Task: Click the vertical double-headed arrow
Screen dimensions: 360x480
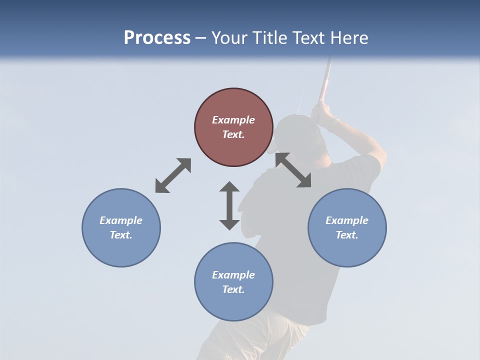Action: [x=229, y=205]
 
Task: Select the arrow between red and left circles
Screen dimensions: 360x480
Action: [x=173, y=175]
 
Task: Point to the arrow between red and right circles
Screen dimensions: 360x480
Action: [x=293, y=170]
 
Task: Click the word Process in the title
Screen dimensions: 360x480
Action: [x=157, y=38]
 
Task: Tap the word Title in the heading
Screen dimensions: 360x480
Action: [x=272, y=38]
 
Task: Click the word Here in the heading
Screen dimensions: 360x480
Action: [x=349, y=38]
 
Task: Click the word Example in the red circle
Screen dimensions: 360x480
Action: [x=233, y=120]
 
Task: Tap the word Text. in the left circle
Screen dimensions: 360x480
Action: [x=121, y=235]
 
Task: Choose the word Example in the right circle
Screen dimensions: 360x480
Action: [x=347, y=220]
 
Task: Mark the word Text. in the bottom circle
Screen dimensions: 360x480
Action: [x=233, y=289]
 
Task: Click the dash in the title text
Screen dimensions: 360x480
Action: [x=201, y=38]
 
